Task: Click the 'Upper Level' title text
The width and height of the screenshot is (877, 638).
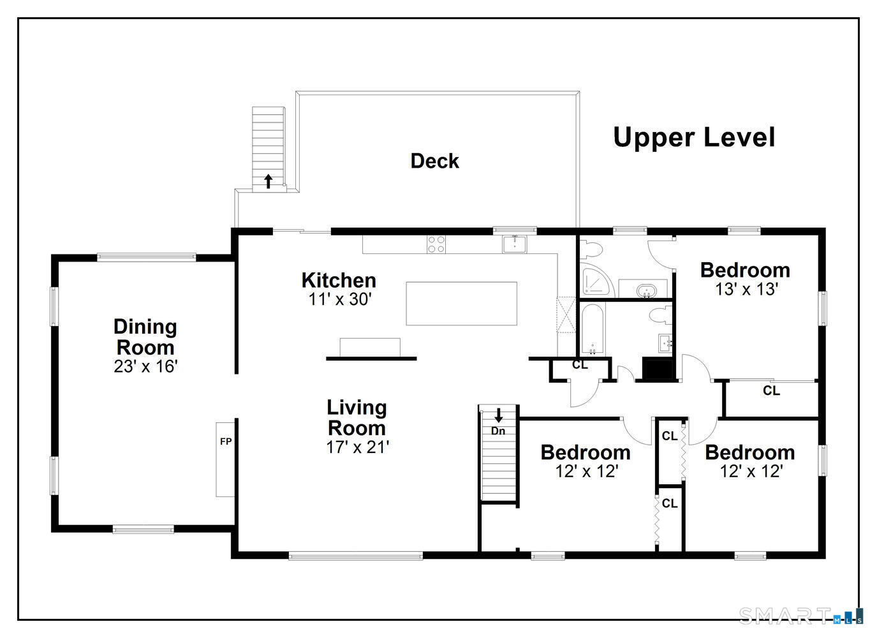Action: (694, 137)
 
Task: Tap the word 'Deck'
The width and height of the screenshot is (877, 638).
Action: (434, 161)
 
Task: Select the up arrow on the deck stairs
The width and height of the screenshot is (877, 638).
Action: (269, 181)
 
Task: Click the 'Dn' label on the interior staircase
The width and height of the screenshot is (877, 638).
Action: (498, 431)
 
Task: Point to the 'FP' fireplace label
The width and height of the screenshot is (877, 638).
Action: (226, 441)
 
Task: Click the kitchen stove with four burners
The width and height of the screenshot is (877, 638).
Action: (436, 244)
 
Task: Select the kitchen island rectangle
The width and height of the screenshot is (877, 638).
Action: (461, 304)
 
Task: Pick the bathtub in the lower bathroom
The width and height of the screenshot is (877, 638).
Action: (593, 329)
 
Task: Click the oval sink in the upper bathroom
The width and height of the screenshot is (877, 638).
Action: (647, 291)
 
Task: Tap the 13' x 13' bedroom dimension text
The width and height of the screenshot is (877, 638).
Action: (746, 290)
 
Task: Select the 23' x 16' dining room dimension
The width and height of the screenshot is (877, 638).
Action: (145, 367)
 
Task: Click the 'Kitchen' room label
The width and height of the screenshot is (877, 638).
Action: (339, 280)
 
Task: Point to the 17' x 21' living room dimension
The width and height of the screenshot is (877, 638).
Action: (357, 447)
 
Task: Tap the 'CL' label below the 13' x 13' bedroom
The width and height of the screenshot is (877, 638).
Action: (771, 390)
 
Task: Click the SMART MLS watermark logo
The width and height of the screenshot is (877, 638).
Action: (800, 616)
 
